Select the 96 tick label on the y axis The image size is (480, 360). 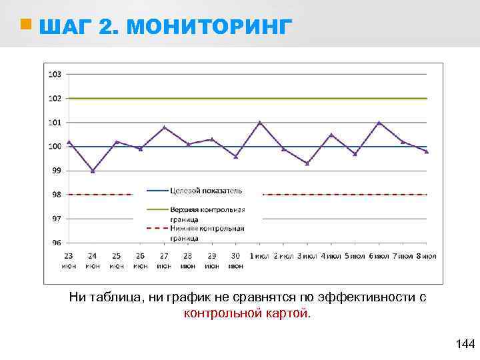coord(56,243)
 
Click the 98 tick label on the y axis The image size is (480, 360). coord(56,195)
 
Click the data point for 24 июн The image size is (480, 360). coord(93,171)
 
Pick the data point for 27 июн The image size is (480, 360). coord(164,127)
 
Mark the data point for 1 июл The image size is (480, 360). coord(260,123)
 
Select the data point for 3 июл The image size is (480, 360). coord(307,163)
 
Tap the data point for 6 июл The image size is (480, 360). coord(379,123)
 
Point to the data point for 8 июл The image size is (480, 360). coord(427,151)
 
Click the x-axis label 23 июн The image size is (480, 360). coord(69,260)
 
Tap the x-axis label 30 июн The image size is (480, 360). coord(235,260)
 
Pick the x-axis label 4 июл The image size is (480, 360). coord(331,255)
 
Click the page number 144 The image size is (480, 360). coord(465,344)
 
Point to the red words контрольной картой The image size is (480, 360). coord(247,313)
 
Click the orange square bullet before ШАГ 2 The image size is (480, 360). coord(25,25)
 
